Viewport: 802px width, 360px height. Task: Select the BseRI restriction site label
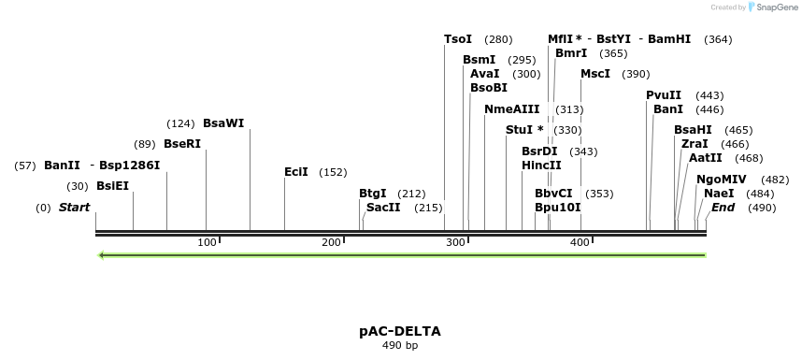pyautogui.click(x=181, y=144)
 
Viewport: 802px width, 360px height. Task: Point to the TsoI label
pyautogui.click(x=458, y=39)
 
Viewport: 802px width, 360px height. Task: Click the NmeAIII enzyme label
pyautogui.click(x=511, y=109)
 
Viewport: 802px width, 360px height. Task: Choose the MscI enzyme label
pyautogui.click(x=594, y=74)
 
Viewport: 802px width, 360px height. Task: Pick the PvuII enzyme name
pyautogui.click(x=663, y=95)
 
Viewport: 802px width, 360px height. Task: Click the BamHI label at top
pyautogui.click(x=668, y=39)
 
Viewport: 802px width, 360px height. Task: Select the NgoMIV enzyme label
pyautogui.click(x=722, y=179)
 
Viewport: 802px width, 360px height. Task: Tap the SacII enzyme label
pyautogui.click(x=383, y=208)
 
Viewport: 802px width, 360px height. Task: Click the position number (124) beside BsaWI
pyautogui.click(x=179, y=123)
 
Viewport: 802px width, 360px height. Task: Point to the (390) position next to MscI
pyautogui.click(x=636, y=74)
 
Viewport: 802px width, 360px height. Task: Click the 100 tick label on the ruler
pyautogui.click(x=207, y=243)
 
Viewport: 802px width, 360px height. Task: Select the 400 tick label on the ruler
pyautogui.click(x=580, y=243)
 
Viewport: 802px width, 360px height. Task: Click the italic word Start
pyautogui.click(x=75, y=207)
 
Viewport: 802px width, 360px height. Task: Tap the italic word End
pyautogui.click(x=723, y=207)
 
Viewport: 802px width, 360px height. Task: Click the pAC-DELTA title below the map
pyautogui.click(x=400, y=331)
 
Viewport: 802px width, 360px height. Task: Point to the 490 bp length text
pyautogui.click(x=400, y=346)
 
